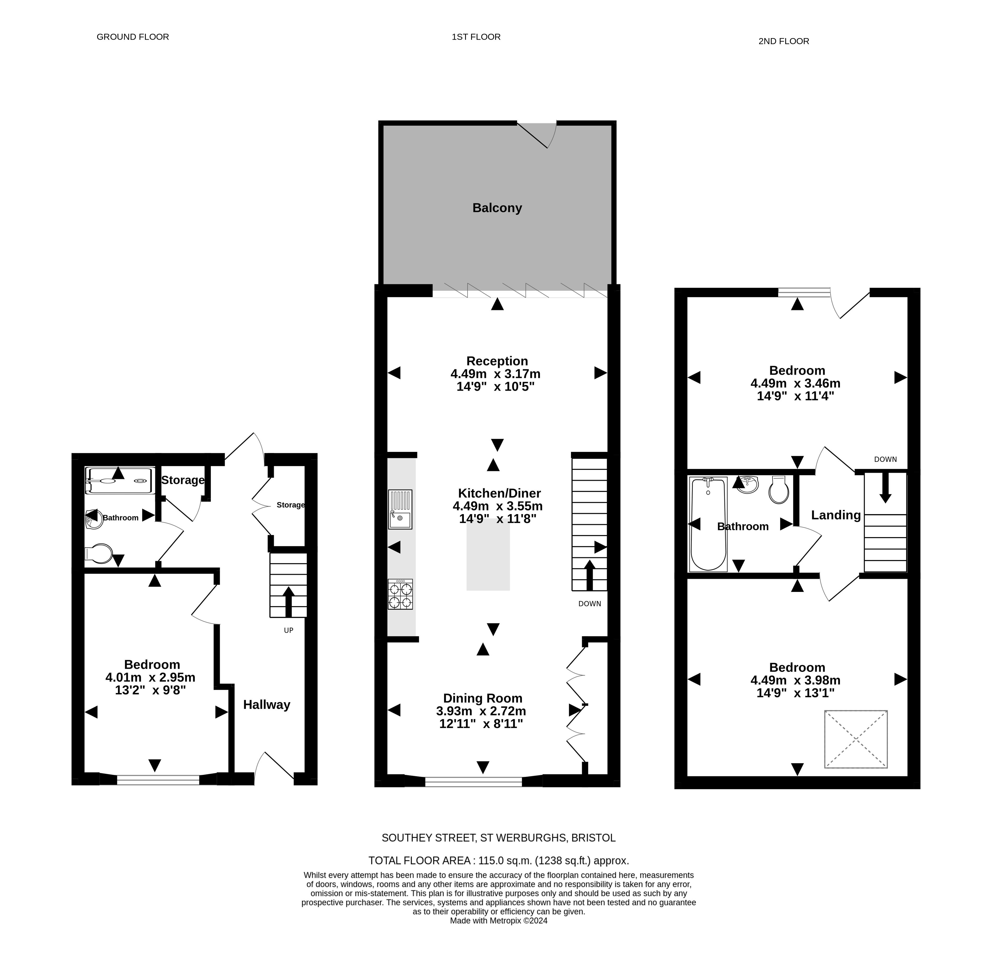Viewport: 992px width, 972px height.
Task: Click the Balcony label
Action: tap(497, 208)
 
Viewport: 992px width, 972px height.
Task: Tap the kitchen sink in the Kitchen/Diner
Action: tap(400, 509)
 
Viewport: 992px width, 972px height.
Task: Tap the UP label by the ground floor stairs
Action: tap(289, 631)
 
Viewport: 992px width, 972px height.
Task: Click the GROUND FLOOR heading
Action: tap(133, 37)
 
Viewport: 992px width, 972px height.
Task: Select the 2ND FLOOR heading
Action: tap(783, 41)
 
